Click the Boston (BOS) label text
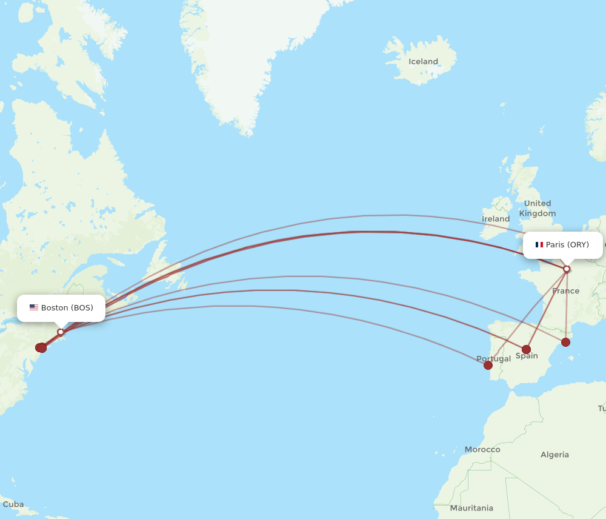[x=67, y=308]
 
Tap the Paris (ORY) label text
[x=567, y=245]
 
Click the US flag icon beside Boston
[x=34, y=308]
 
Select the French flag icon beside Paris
[x=539, y=245]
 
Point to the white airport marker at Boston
[x=61, y=332]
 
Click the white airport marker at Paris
[x=567, y=269]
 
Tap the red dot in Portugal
[x=488, y=365]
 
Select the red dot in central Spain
[x=526, y=349]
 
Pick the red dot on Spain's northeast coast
[x=565, y=342]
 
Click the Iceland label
[x=423, y=62]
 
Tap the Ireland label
[x=495, y=219]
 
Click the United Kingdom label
[x=537, y=208]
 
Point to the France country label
[x=565, y=291]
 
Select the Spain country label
[x=527, y=356]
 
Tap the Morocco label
[x=482, y=450]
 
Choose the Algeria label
[x=554, y=455]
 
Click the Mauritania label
[x=471, y=508]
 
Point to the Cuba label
[x=13, y=504]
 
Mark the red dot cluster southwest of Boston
[x=41, y=347]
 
